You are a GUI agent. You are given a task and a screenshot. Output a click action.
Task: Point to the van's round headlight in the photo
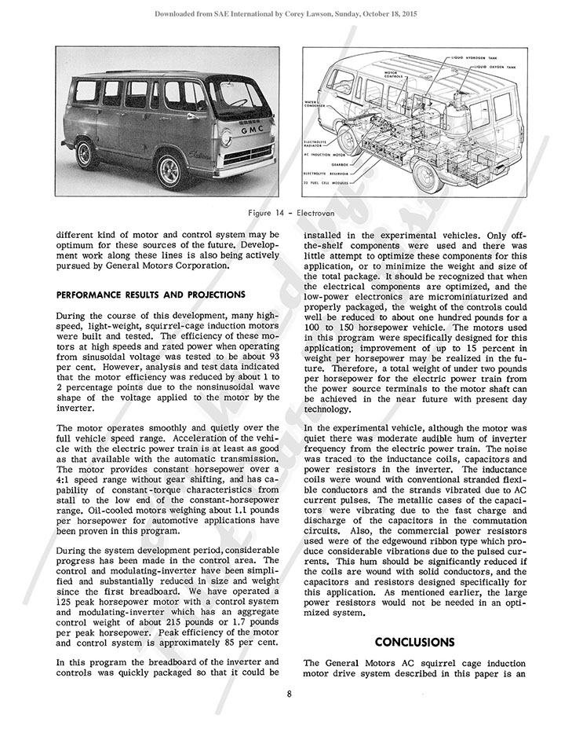226,139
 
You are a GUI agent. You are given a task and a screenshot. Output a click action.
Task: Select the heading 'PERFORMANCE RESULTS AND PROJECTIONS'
150,295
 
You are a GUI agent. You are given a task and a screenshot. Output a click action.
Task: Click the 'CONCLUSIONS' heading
414,642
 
